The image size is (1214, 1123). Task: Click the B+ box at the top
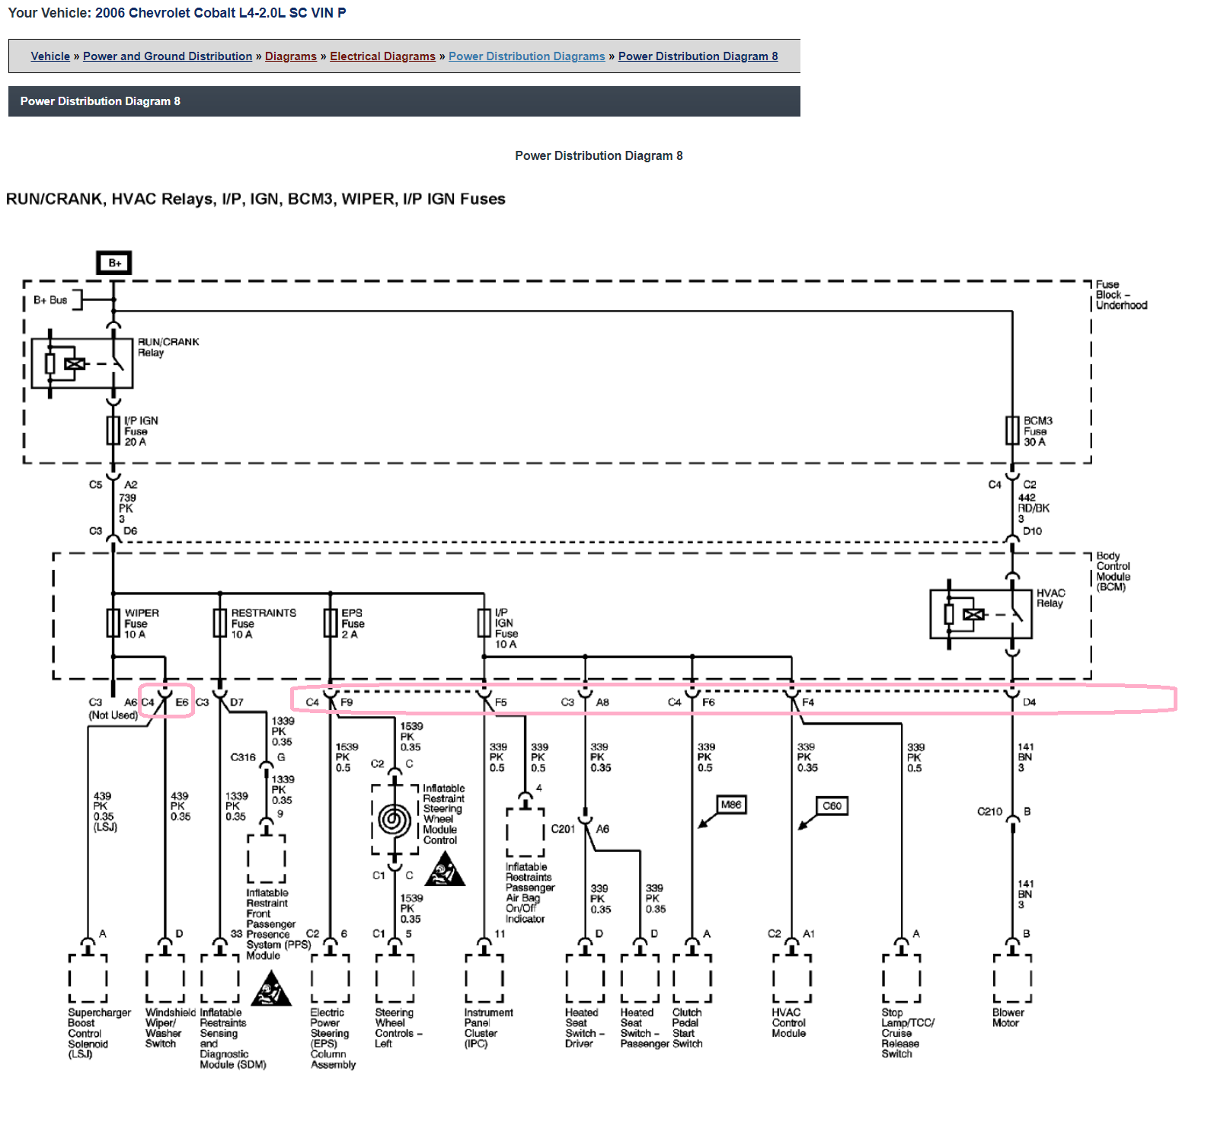[x=114, y=263]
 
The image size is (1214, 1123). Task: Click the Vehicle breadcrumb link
[x=50, y=56]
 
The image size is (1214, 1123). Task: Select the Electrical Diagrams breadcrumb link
[x=382, y=56]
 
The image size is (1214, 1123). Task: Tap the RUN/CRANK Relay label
[x=168, y=347]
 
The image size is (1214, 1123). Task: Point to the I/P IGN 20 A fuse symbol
[x=113, y=430]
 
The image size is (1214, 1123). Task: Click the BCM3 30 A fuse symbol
[x=1012, y=430]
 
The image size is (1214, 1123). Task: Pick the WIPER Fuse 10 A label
[x=142, y=623]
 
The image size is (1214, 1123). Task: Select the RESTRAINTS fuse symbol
[x=220, y=622]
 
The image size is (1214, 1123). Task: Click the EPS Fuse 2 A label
[x=353, y=623]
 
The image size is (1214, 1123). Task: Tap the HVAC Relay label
[x=1050, y=598]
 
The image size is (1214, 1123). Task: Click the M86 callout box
[x=731, y=805]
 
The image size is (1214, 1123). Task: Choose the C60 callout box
[x=832, y=805]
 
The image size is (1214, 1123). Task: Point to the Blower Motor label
[x=1008, y=1018]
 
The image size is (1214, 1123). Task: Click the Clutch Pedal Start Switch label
[x=688, y=1028]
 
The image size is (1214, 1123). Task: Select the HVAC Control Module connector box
[x=792, y=978]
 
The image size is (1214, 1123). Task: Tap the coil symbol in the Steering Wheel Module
[x=394, y=820]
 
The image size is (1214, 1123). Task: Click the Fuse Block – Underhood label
[x=1121, y=295]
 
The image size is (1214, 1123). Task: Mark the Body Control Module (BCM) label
[x=1113, y=571]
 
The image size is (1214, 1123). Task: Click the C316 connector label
[x=243, y=757]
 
